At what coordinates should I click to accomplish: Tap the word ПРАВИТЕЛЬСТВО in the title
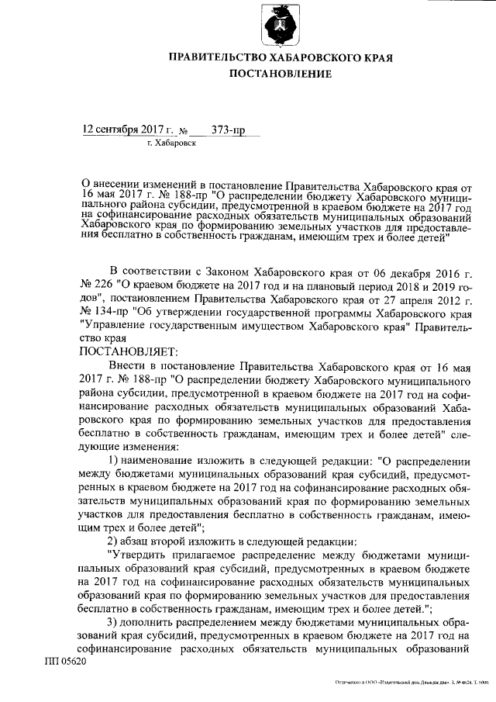[x=215, y=57]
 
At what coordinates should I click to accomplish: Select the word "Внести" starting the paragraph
[x=128, y=365]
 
